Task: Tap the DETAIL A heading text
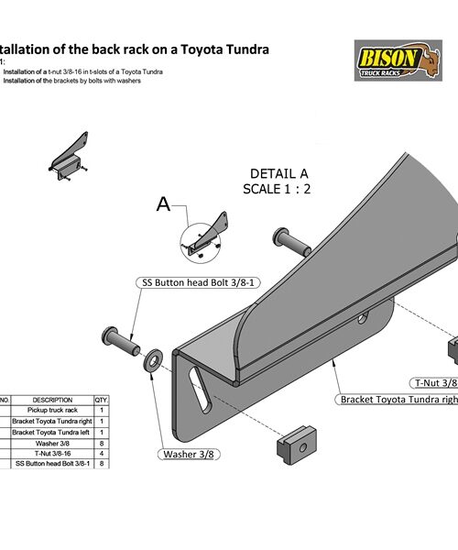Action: point(279,173)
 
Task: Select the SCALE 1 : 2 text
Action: point(278,190)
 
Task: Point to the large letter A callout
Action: point(164,205)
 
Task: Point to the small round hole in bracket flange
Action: point(364,319)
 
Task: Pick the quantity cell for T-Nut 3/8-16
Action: point(102,454)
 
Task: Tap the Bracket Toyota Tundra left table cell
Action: point(53,432)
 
